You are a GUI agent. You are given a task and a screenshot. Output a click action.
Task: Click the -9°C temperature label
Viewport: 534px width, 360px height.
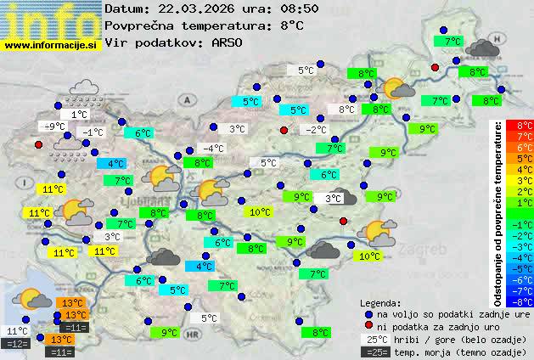click(x=55, y=127)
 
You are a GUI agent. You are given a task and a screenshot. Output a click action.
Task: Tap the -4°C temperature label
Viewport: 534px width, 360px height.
click(x=213, y=149)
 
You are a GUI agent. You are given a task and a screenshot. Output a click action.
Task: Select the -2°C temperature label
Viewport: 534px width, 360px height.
click(x=316, y=130)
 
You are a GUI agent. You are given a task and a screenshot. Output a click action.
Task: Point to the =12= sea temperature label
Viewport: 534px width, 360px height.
click(x=17, y=343)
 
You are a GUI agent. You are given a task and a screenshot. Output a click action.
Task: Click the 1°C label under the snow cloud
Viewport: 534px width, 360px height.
click(x=79, y=114)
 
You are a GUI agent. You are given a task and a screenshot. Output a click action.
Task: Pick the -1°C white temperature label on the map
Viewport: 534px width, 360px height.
click(x=92, y=132)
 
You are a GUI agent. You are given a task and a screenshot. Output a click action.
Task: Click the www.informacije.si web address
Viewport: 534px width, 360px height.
click(x=51, y=44)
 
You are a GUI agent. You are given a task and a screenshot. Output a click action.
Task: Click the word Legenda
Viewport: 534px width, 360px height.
click(x=380, y=303)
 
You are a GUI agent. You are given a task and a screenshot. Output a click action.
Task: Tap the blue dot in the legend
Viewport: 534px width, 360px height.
click(x=368, y=314)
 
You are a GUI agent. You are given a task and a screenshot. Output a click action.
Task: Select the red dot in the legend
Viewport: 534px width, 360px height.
click(x=368, y=327)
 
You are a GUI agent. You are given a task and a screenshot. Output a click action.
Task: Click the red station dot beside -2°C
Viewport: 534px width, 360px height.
click(x=284, y=130)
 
